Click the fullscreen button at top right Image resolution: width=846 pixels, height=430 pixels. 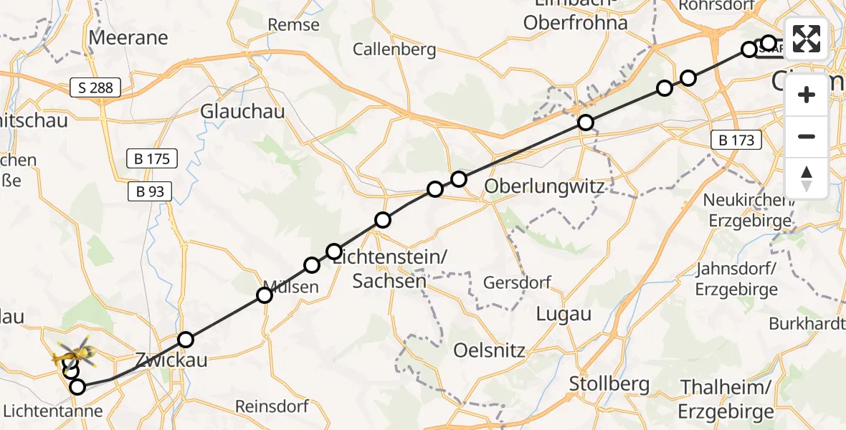click(x=807, y=38)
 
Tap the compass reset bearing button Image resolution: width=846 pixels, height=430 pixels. click(x=807, y=178)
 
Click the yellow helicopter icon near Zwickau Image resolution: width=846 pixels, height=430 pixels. click(x=75, y=351)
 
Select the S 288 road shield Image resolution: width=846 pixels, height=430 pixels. click(x=96, y=89)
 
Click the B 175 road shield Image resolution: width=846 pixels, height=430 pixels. click(x=152, y=158)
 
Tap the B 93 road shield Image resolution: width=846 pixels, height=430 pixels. click(x=150, y=191)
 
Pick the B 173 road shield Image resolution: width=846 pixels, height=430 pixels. click(x=737, y=140)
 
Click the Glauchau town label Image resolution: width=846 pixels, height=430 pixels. click(x=242, y=111)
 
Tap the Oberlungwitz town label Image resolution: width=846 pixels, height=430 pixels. click(x=545, y=186)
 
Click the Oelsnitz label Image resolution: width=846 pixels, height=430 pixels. click(x=490, y=351)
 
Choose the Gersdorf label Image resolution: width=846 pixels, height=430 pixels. click(x=517, y=282)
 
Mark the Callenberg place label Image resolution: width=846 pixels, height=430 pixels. click(x=394, y=49)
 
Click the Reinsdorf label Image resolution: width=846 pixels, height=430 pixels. click(x=272, y=406)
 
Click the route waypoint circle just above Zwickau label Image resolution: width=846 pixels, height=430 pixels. click(x=186, y=340)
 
